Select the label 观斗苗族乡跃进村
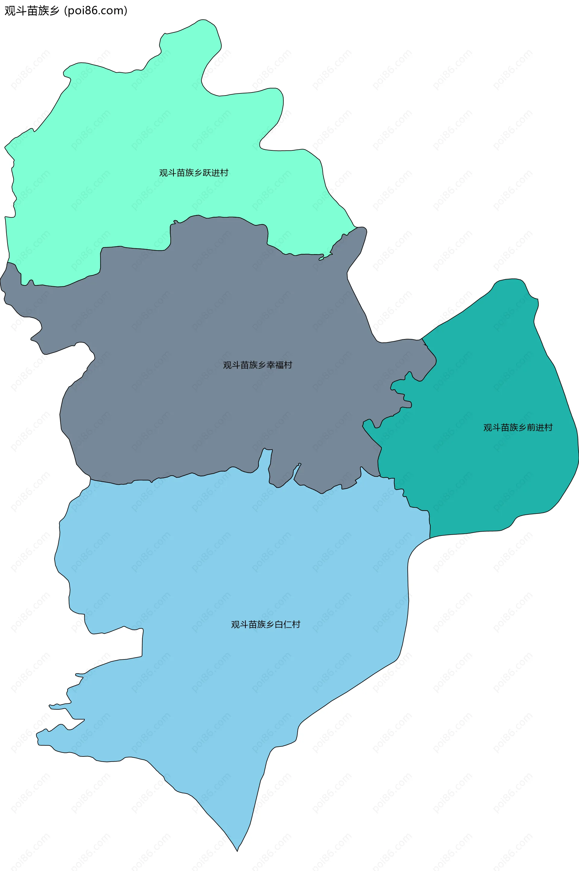click(194, 173)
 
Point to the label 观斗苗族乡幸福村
click(257, 365)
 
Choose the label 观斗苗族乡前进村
click(518, 427)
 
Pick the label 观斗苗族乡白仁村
click(265, 624)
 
